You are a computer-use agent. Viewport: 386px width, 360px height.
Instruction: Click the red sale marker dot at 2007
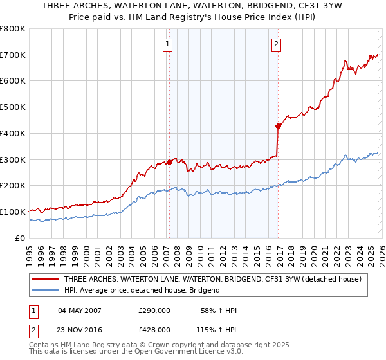click(169, 162)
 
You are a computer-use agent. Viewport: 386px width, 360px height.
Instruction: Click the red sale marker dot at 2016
click(278, 126)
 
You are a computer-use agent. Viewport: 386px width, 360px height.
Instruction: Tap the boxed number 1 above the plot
click(167, 44)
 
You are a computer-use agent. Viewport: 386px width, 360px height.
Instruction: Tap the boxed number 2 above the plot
click(275, 44)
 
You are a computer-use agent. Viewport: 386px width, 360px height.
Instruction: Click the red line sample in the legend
click(46, 279)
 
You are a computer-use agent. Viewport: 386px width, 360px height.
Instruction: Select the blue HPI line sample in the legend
click(46, 290)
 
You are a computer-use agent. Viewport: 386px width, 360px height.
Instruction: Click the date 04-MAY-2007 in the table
click(80, 311)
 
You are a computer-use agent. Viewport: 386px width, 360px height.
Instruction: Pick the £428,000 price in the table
click(154, 329)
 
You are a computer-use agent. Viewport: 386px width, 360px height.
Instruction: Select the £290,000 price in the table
click(154, 311)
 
